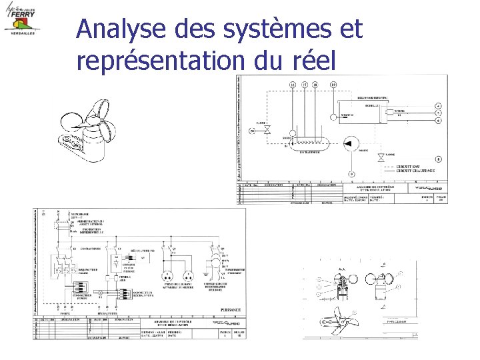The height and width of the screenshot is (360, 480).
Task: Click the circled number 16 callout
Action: coord(292,85)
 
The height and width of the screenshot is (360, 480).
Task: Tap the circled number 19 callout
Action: coord(333,85)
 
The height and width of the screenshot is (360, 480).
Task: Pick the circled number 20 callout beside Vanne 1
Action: coord(253,131)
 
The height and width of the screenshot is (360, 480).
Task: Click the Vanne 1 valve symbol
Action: coord(266,133)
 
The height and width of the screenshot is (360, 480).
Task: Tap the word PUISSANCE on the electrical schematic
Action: coord(229,309)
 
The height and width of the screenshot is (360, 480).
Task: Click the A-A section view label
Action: coord(343,269)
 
